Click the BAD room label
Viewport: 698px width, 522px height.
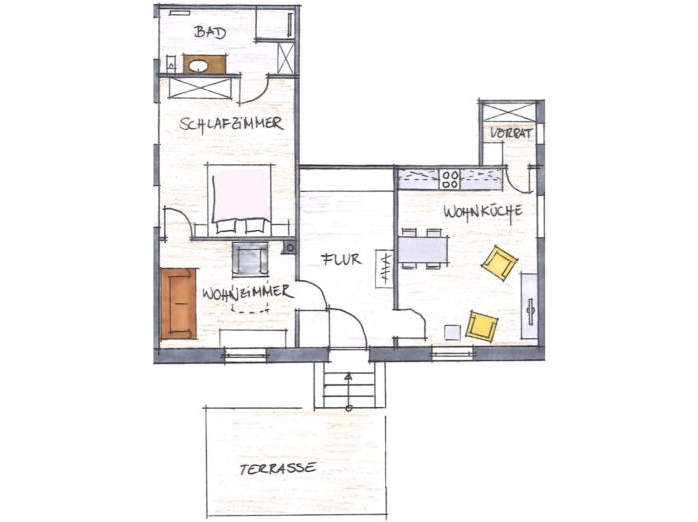[210, 32]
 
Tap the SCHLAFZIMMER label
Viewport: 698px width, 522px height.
[231, 124]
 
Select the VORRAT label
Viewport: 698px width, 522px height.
[512, 133]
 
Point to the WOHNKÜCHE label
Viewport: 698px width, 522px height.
[483, 212]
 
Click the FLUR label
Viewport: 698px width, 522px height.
[341, 260]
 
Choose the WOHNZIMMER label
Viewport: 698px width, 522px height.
[248, 293]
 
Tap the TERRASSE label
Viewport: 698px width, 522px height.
[278, 468]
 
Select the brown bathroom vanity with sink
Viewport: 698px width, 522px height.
[204, 64]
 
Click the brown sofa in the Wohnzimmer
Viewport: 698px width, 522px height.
[178, 303]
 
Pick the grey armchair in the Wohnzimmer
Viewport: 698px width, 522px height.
[250, 260]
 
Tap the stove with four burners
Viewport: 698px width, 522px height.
[450, 179]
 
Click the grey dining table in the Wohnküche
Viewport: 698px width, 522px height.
[423, 250]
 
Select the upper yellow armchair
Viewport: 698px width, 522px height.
[499, 262]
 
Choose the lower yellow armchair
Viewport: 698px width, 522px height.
[482, 326]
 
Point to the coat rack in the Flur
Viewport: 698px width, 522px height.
[384, 268]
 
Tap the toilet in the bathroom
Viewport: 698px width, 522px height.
[171, 64]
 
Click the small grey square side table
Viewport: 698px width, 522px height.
[453, 332]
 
